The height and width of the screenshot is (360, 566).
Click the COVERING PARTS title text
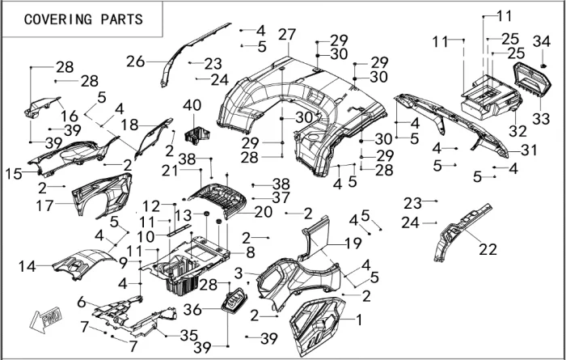pyautogui.click(x=83, y=19)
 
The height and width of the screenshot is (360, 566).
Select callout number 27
pyautogui.click(x=287, y=35)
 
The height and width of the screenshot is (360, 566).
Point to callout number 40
pyautogui.click(x=192, y=106)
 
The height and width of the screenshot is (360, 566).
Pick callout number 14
pyautogui.click(x=27, y=265)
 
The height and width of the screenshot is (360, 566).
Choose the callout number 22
pyautogui.click(x=488, y=249)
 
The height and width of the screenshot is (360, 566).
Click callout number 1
pyautogui.click(x=359, y=320)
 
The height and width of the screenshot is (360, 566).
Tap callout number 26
pyautogui.click(x=135, y=61)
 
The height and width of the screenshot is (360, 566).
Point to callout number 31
pyautogui.click(x=529, y=150)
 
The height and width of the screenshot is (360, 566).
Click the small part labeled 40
pyautogui.click(x=195, y=131)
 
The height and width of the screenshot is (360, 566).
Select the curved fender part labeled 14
pyautogui.click(x=82, y=264)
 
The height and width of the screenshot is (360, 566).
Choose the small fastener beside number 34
pyautogui.click(x=543, y=63)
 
